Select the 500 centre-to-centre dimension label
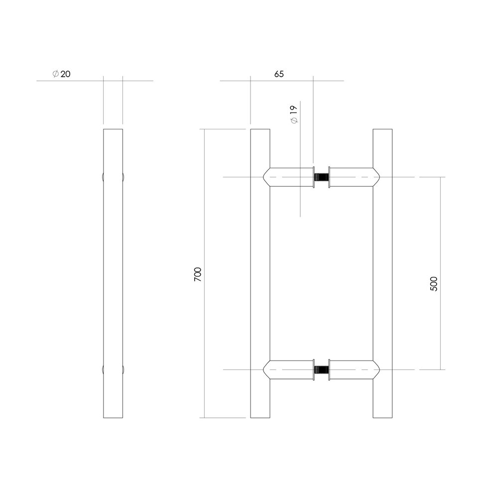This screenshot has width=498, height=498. click(433, 283)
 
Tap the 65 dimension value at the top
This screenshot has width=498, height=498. click(279, 74)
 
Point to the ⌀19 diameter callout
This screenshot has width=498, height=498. click(293, 115)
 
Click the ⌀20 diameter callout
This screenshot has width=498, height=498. click(61, 74)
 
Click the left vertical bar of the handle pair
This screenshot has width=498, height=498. click(260, 274)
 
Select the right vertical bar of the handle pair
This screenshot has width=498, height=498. click(383, 274)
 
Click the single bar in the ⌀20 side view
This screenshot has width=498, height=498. click(113, 274)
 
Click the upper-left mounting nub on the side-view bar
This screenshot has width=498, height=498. click(103, 177)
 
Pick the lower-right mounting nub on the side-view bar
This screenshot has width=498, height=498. click(123, 370)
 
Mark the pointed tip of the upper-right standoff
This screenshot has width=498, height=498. click(380, 177)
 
